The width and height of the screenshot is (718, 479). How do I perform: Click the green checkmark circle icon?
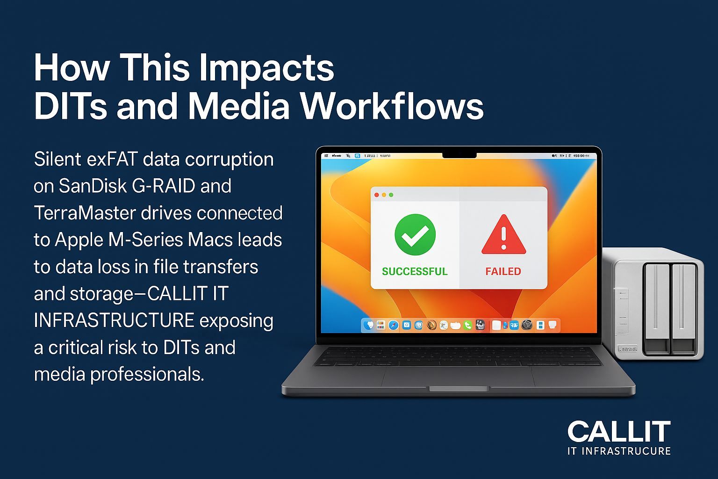pos(415,234)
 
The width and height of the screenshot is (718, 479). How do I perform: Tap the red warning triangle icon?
pos(503,235)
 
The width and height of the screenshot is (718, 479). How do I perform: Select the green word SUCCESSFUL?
pos(415,271)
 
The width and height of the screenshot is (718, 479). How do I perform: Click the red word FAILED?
pos(503,271)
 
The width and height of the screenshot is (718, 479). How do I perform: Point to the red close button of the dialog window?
pos(377,195)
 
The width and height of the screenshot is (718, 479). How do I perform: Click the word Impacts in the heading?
pos(266,68)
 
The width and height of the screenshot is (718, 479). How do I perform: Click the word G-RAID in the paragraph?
pos(163,186)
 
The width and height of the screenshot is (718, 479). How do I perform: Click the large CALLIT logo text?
pos(619,431)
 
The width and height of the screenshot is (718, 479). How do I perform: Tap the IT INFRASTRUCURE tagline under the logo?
pos(619,451)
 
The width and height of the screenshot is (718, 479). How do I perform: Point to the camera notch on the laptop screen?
pos(459,155)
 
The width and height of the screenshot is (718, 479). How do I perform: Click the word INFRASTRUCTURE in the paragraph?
pos(114,321)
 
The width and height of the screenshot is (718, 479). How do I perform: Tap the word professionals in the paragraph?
pos(147,375)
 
